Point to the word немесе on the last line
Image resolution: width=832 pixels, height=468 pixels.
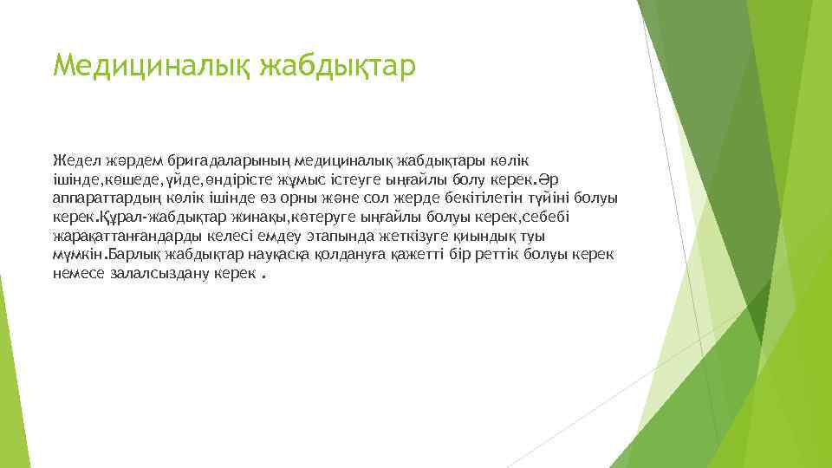[78, 274]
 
